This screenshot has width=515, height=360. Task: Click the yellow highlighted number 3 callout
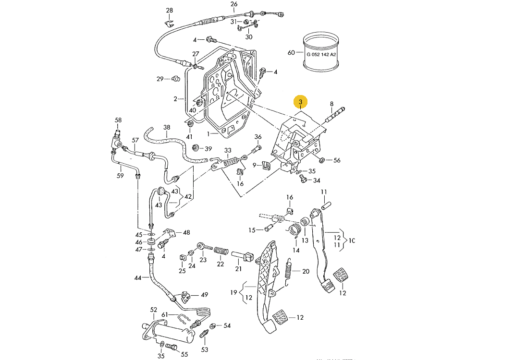tap(301, 102)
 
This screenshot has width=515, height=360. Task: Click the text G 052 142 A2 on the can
tap(321, 55)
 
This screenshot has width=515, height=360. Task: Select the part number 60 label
tap(291, 53)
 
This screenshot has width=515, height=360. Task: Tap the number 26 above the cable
tap(234, 4)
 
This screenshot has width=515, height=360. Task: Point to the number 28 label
tap(169, 11)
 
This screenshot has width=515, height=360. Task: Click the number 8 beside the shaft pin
tap(331, 104)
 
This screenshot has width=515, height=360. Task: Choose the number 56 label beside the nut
tap(337, 160)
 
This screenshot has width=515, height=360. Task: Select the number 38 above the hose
tap(167, 128)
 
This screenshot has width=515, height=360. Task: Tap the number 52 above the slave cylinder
tap(154, 310)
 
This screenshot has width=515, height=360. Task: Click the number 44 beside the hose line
tap(138, 278)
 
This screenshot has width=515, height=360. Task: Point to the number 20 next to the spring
tap(306, 271)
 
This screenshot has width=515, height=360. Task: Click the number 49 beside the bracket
tap(205, 295)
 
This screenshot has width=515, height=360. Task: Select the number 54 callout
tap(227, 325)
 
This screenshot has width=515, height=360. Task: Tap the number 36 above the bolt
tap(258, 137)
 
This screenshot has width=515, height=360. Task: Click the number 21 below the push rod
tap(238, 269)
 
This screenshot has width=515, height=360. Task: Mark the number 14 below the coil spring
tap(296, 250)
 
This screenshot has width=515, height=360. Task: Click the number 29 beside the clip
tap(160, 79)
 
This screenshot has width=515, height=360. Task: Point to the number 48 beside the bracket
tap(186, 232)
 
